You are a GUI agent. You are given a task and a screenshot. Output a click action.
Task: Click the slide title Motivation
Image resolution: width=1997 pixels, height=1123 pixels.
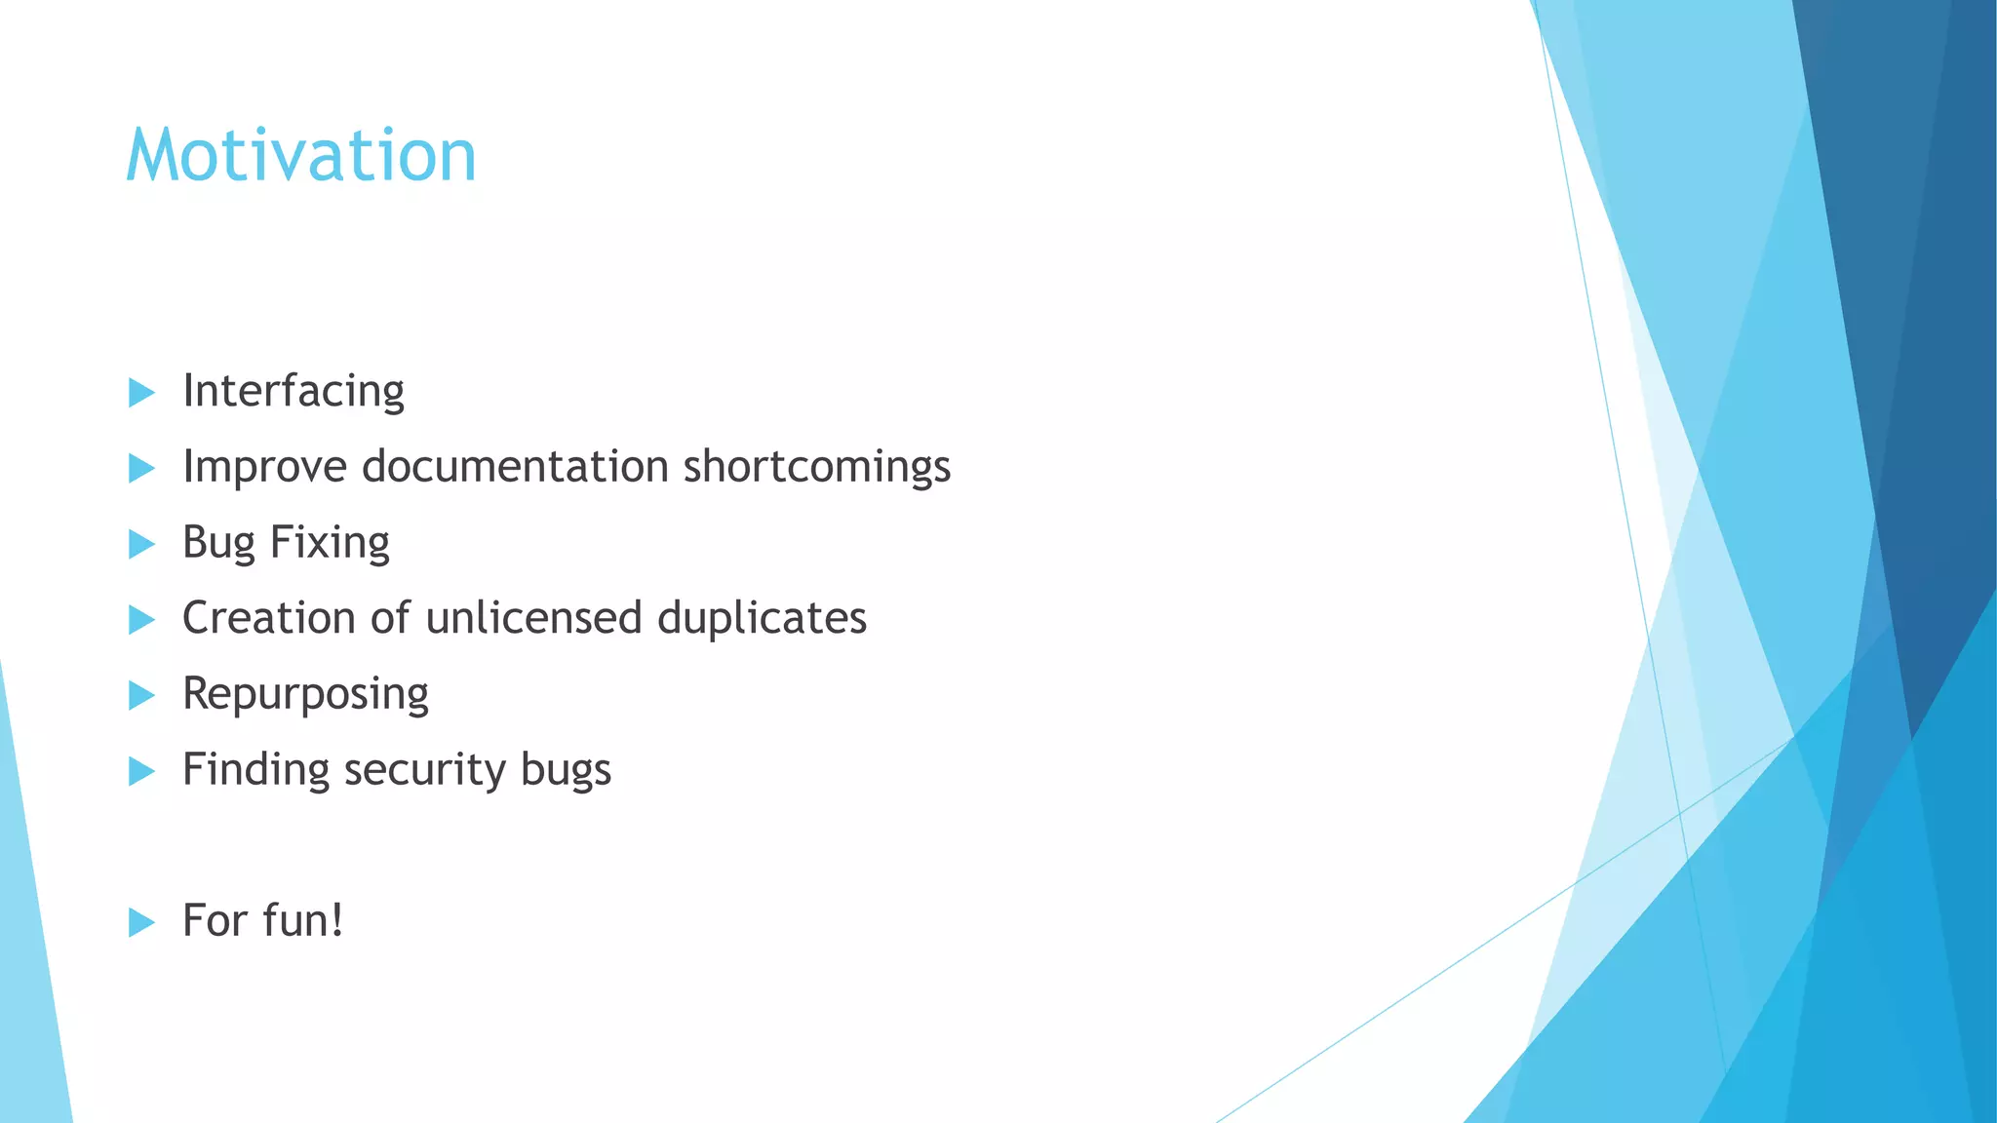pos(300,156)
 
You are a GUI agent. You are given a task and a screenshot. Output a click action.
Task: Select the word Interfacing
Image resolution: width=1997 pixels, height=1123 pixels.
pos(294,392)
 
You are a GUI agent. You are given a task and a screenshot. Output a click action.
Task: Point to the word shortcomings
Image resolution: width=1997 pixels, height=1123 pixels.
pos(816,468)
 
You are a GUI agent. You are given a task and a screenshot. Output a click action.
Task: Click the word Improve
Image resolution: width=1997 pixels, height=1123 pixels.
pos(264,468)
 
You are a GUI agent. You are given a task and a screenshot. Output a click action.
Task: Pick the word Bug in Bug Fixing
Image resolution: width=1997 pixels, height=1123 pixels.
pos(219,544)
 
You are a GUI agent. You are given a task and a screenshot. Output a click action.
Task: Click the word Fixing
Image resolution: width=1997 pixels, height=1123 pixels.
pos(330,544)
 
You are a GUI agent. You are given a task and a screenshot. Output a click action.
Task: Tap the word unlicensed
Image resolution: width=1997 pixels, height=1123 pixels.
pos(533,618)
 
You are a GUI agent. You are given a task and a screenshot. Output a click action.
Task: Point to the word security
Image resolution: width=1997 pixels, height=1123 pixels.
pos(425,770)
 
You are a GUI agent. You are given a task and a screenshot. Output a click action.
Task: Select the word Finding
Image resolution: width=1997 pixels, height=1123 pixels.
pos(256,770)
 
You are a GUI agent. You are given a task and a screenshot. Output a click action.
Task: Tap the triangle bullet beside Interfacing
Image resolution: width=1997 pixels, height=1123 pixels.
pos(141,393)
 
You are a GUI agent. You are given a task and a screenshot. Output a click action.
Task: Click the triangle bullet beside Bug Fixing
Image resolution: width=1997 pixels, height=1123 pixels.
pos(141,544)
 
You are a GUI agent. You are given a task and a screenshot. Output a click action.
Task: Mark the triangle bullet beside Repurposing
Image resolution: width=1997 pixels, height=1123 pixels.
pos(141,695)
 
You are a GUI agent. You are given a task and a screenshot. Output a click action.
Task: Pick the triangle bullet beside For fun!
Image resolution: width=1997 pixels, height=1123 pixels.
pos(141,922)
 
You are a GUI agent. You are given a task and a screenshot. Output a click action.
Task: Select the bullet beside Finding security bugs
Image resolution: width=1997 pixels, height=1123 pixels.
pos(141,771)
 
